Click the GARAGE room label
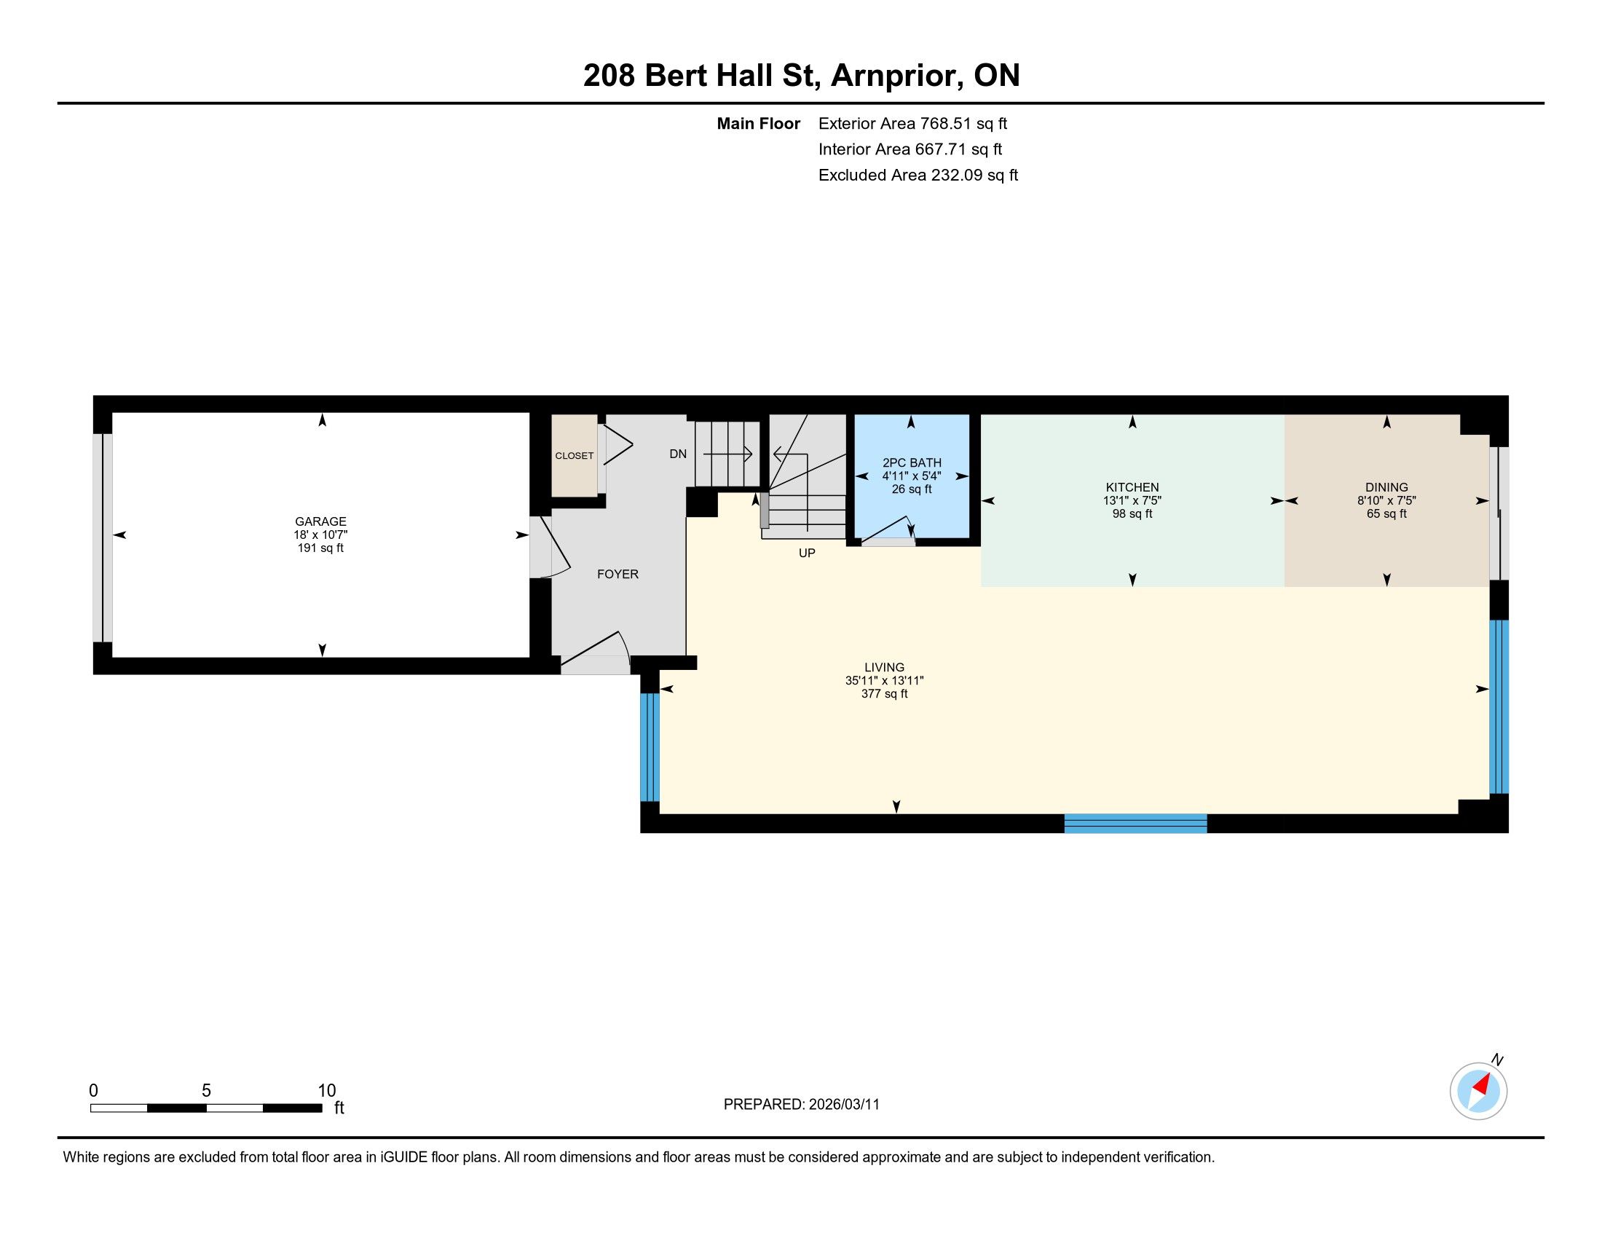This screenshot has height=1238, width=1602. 320,522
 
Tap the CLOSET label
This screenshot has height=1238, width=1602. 575,455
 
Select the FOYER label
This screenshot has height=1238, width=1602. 617,575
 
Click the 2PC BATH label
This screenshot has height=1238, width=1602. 912,462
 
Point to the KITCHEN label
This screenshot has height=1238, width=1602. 1132,487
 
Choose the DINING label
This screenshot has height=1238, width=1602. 1386,487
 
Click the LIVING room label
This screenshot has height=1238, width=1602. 884,667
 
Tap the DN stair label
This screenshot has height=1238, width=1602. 678,454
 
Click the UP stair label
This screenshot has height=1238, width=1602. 807,553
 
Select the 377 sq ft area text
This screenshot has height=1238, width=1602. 884,694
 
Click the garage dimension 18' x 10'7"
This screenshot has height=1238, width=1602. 320,535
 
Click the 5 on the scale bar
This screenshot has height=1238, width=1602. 206,1091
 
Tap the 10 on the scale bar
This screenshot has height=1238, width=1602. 326,1091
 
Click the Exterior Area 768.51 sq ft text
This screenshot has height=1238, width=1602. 912,123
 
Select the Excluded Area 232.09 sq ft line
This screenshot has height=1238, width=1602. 918,175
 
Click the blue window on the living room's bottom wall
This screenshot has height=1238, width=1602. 1135,824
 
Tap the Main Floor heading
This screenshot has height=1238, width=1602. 759,123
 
